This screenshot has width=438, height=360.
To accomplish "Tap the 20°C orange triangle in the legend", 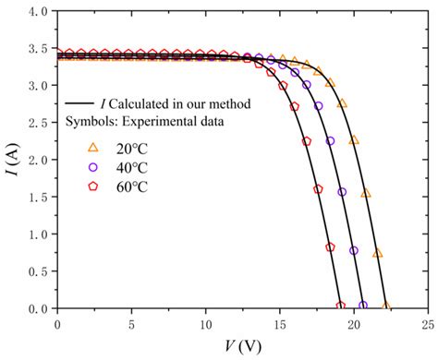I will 92,147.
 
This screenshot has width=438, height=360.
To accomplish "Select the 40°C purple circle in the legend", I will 92,167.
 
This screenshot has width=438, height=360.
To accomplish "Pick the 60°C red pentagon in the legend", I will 92,187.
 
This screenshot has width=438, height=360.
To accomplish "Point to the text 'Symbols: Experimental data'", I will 147,122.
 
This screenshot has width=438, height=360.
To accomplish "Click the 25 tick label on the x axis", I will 426,325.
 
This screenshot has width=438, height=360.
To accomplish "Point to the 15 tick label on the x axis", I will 278,325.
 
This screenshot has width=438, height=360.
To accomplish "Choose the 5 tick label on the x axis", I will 131,325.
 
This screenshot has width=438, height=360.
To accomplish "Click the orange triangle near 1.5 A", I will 366,193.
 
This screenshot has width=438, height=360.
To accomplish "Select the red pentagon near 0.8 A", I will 330,247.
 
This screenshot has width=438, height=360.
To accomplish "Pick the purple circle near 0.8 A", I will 353,250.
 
